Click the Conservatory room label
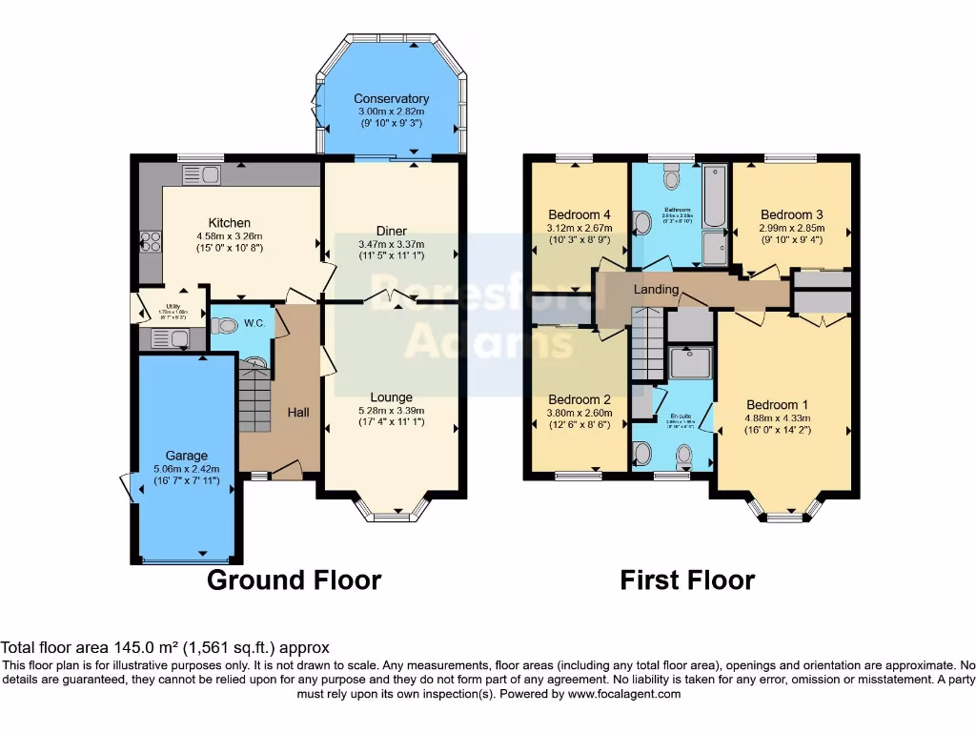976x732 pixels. (391, 98)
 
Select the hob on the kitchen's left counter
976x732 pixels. (150, 242)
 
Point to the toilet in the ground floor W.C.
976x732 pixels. (224, 326)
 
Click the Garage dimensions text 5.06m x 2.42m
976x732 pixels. (186, 468)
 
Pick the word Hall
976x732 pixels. (298, 411)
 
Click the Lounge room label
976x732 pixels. (391, 397)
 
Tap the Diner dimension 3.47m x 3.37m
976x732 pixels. (391, 244)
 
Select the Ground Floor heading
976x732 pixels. (294, 579)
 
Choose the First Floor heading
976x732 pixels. (687, 579)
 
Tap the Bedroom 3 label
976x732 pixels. (791, 214)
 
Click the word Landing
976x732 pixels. (657, 289)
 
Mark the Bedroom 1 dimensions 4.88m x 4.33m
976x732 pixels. (790, 416)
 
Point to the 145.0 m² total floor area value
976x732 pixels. (139, 647)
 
